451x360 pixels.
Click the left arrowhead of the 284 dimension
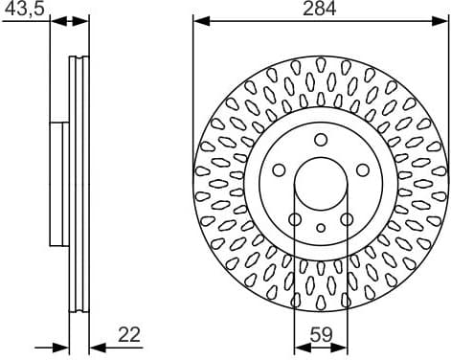pos(199,19)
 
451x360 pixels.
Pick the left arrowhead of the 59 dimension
pos(298,347)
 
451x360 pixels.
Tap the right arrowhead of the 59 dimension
pos(344,347)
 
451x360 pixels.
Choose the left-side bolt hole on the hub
pos(279,170)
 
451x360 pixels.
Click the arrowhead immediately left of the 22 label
pos(94,347)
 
